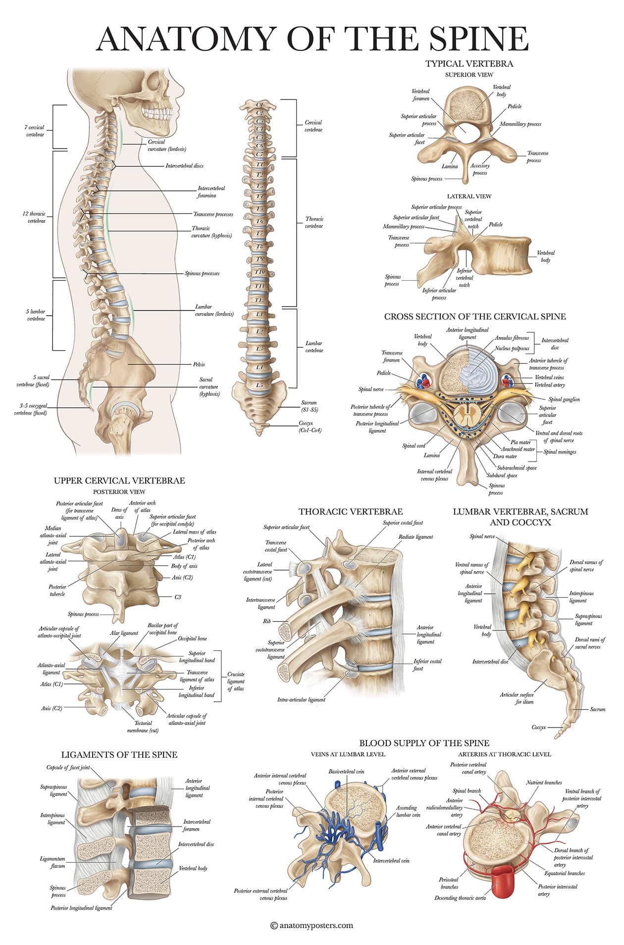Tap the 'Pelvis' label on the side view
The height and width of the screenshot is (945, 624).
click(199, 365)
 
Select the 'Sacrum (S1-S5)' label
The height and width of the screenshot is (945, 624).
click(309, 406)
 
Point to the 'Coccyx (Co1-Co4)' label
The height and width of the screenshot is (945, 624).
click(310, 426)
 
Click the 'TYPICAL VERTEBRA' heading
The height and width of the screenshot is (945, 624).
click(469, 63)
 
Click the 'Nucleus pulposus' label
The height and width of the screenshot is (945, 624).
click(512, 349)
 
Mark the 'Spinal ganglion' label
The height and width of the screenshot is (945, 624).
click(564, 399)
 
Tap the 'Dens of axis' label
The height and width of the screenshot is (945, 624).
click(119, 513)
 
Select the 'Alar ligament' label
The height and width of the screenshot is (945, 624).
click(124, 633)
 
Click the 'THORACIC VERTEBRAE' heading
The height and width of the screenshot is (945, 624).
click(350, 512)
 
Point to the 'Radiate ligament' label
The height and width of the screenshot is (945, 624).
click(416, 537)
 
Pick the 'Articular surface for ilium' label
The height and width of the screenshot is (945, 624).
click(517, 698)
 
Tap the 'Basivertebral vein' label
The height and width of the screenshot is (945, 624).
click(346, 772)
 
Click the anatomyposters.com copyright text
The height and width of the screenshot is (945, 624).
click(312, 925)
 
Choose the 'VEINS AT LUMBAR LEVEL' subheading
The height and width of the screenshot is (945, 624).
click(348, 754)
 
